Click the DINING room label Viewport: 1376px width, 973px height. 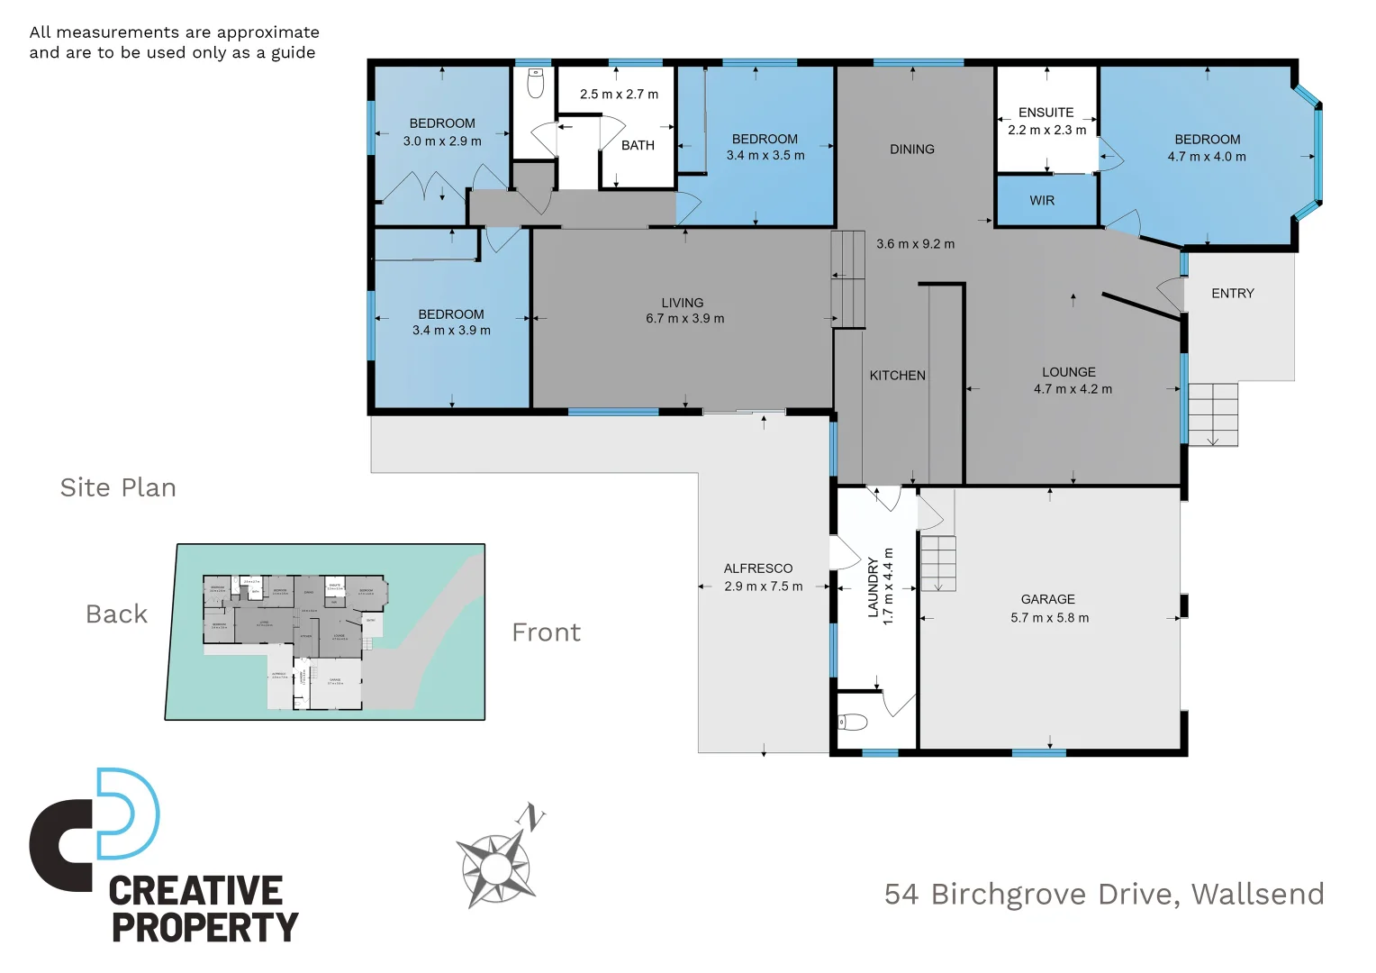point(911,150)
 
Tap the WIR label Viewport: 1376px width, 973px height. point(1042,201)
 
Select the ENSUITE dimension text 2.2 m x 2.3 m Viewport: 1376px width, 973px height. point(1046,130)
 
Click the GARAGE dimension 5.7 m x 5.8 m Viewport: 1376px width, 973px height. point(1049,618)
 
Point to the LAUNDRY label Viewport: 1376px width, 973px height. point(873,587)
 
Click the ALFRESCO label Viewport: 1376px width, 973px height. point(758,568)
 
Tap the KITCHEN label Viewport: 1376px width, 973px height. point(897,376)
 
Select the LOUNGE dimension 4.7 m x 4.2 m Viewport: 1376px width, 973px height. point(1073,389)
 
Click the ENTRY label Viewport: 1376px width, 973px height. point(1232,294)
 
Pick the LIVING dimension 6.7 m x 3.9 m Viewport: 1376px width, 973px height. point(684,318)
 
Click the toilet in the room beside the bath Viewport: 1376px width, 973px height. point(536,84)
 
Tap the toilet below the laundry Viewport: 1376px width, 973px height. point(853,722)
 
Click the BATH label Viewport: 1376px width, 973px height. point(638,145)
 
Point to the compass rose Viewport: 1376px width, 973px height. point(494,868)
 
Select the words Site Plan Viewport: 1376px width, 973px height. point(118,487)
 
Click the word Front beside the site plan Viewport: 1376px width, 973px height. point(546,632)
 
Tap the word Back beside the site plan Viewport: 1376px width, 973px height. point(116,614)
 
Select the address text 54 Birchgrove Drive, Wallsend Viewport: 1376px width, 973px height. point(1103,894)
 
